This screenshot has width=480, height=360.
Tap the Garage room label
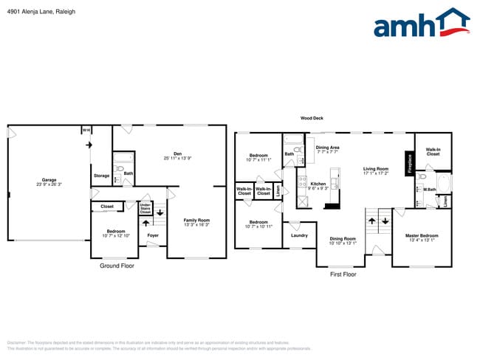[49, 181]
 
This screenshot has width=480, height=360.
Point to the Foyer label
[153, 235]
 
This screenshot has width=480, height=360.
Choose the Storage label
[101, 176]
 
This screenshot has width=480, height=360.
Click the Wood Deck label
[312, 118]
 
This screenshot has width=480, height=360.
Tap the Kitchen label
[318, 184]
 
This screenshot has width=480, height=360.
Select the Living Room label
[375, 170]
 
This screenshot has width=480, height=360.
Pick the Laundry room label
[299, 235]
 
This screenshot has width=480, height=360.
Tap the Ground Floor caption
[117, 265]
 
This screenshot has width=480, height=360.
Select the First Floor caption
[343, 274]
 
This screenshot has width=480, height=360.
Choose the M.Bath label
[430, 190]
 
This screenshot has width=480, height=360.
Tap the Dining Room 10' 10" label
[342, 240]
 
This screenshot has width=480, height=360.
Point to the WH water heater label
[86, 131]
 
